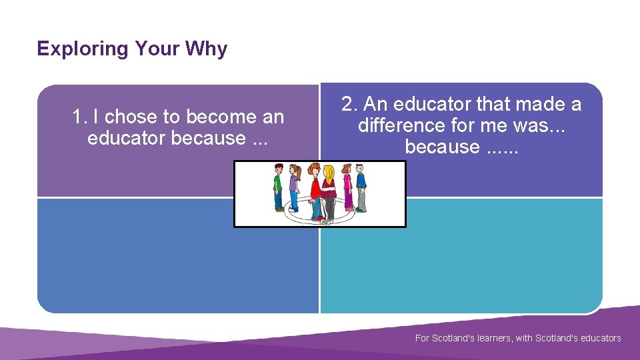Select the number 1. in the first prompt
(80, 117)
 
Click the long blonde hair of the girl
(329, 177)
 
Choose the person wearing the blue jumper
(361, 187)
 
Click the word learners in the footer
(492, 338)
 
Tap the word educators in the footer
(597, 338)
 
